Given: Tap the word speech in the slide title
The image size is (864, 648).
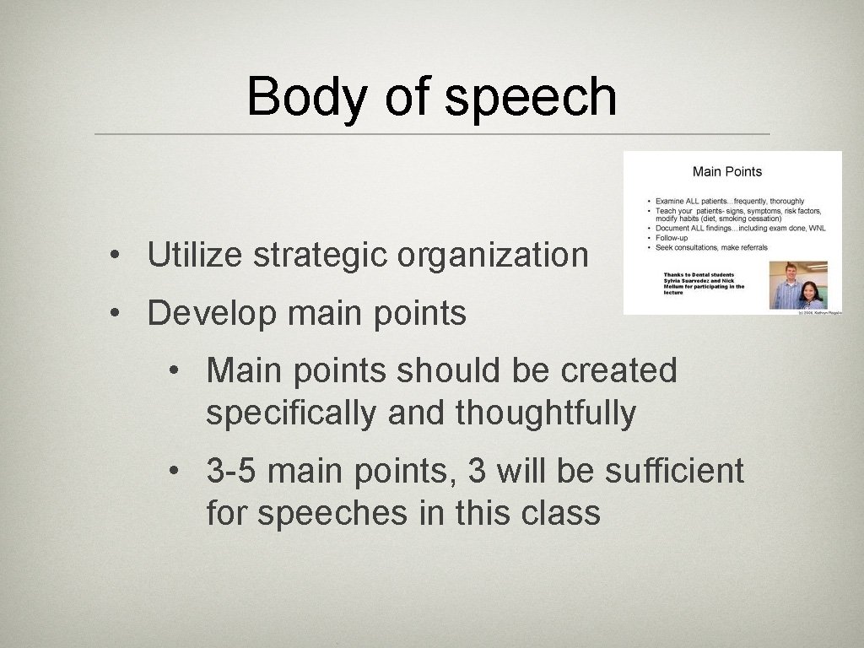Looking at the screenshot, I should (531, 97).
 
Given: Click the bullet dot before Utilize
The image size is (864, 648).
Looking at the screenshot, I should (111, 256).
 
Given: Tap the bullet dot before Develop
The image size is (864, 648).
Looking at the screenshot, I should (111, 314).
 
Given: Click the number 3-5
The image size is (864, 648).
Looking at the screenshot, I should (231, 471).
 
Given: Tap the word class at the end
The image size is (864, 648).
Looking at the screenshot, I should (562, 513).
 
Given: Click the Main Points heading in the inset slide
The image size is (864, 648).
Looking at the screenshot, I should (726, 172).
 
